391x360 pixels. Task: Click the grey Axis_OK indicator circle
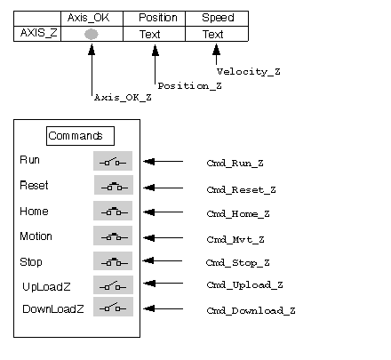point(92,34)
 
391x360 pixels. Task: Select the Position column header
point(158,18)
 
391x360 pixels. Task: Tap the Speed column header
point(218,18)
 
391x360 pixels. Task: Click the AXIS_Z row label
point(38,33)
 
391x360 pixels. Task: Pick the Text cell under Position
point(150,35)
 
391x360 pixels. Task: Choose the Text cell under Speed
point(212,35)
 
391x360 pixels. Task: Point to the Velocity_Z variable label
point(248,72)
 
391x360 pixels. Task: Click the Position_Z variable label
point(189,86)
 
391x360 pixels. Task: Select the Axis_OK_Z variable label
point(123,98)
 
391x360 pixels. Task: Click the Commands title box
point(80,136)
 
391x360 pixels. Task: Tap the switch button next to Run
point(113,161)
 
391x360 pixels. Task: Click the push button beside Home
point(113,211)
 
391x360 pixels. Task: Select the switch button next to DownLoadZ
point(113,307)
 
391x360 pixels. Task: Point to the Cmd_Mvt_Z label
point(235,239)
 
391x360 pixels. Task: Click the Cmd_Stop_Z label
point(237,263)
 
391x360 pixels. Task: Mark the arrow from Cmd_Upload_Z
point(163,284)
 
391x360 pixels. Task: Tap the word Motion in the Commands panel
point(36,236)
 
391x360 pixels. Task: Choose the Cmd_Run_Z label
point(235,164)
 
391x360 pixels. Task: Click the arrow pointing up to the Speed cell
point(216,54)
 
